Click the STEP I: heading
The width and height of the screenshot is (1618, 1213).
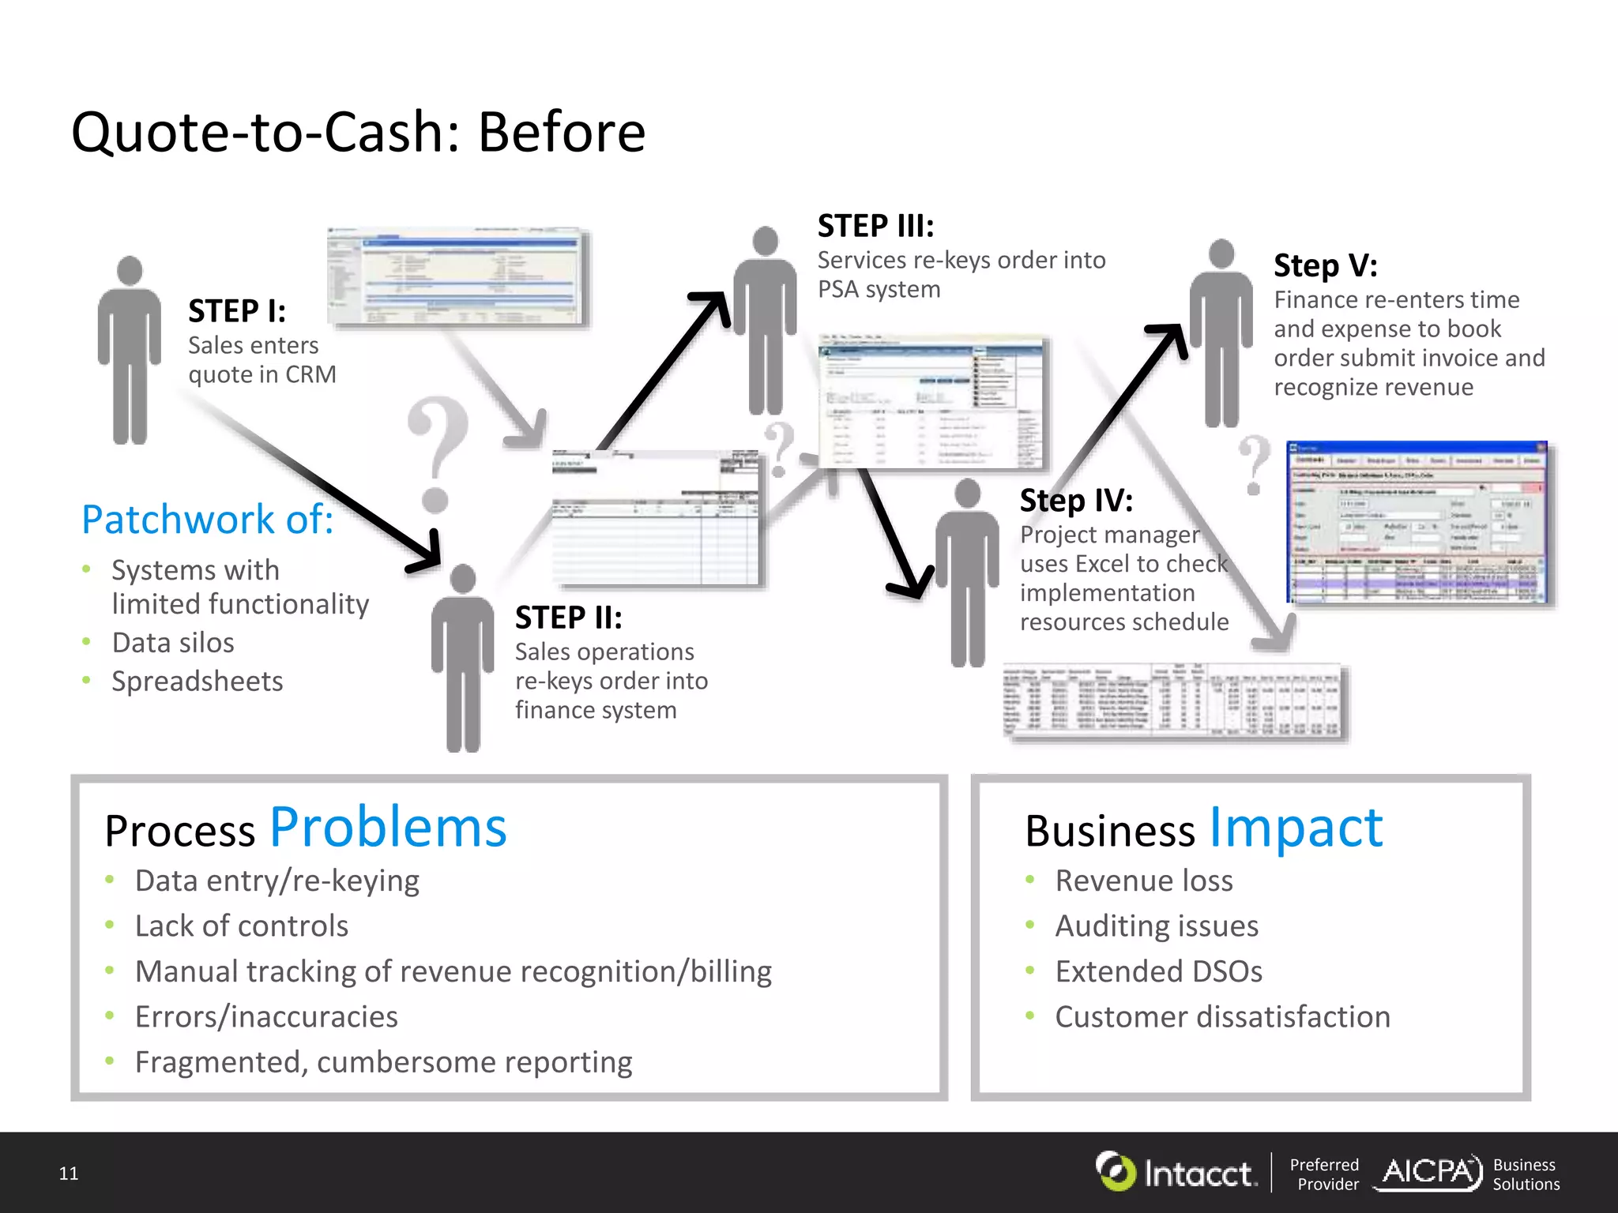click(237, 311)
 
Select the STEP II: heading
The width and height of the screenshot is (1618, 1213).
click(568, 618)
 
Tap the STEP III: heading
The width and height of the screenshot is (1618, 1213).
click(875, 226)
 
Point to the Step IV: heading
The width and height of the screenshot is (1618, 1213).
click(1076, 501)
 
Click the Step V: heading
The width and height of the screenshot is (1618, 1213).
click(1325, 266)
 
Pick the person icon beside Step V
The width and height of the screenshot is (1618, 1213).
click(1221, 332)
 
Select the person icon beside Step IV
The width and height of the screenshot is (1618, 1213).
click(967, 573)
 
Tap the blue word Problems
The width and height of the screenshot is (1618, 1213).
click(388, 828)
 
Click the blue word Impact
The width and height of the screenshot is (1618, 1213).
click(1296, 828)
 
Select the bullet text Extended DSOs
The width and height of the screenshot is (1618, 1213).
click(1158, 971)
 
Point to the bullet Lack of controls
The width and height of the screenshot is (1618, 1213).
click(242, 926)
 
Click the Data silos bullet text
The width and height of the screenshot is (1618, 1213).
click(173, 643)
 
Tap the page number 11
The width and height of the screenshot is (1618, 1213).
click(69, 1174)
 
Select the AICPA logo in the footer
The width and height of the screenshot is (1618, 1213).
click(1428, 1172)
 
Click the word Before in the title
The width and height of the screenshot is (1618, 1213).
click(561, 132)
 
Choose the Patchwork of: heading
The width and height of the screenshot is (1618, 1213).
click(208, 520)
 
